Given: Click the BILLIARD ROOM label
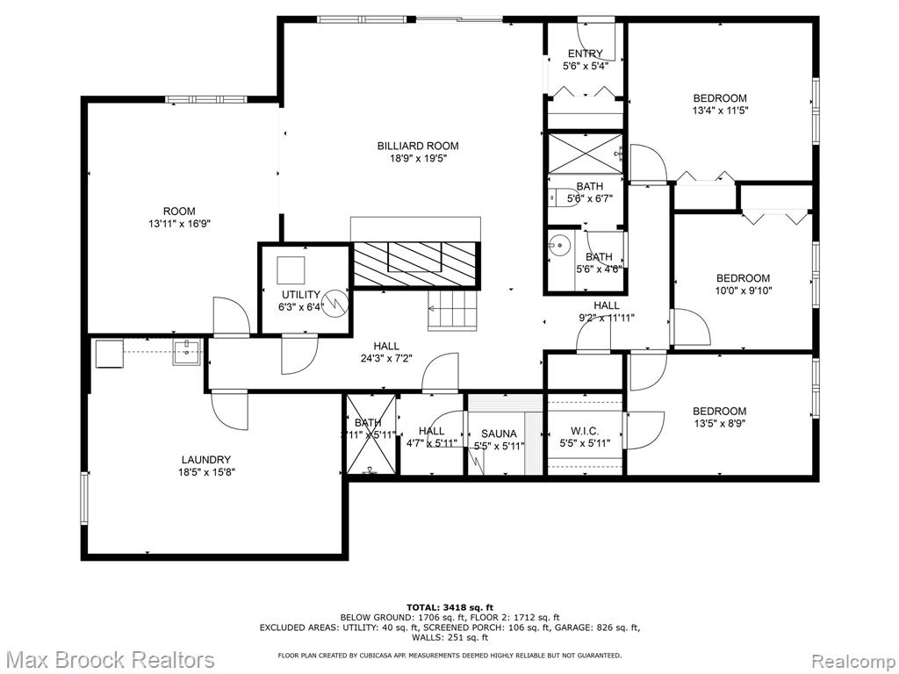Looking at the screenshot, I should pyautogui.click(x=418, y=146).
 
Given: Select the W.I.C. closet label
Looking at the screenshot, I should pyautogui.click(x=585, y=432).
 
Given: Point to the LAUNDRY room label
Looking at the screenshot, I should pyautogui.click(x=206, y=459).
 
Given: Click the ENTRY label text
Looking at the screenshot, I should pyautogui.click(x=585, y=54).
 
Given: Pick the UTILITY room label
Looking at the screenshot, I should pyautogui.click(x=301, y=295).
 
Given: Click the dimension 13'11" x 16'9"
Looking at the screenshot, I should pyautogui.click(x=179, y=224).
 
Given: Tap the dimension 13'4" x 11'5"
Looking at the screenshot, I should pyautogui.click(x=720, y=111).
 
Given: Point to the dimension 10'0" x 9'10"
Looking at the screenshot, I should pyautogui.click(x=743, y=290).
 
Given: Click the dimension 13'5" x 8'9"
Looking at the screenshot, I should pyautogui.click(x=719, y=424).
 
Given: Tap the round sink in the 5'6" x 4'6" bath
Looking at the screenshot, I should pyautogui.click(x=558, y=245).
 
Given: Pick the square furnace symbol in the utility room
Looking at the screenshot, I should pyautogui.click(x=291, y=269).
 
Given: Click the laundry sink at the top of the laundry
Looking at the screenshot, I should pyautogui.click(x=186, y=353).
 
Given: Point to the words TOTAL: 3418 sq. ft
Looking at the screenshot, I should pyautogui.click(x=449, y=607).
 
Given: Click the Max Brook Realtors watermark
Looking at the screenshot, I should pyautogui.click(x=110, y=660).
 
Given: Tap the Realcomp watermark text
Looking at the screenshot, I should pyautogui.click(x=852, y=660).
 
